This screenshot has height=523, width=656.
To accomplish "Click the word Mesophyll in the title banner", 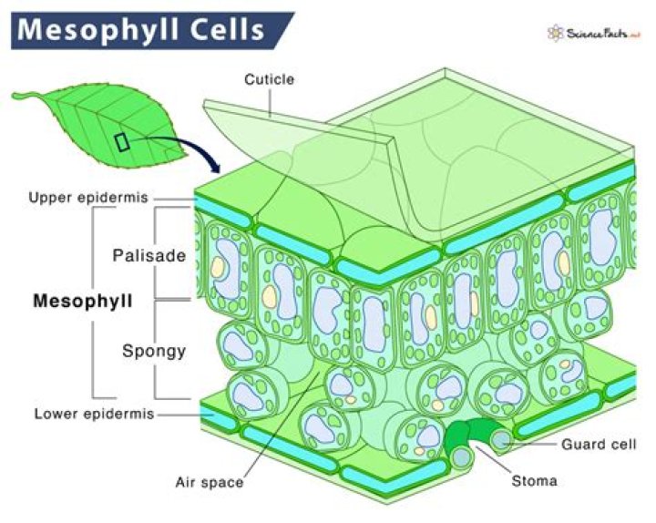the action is (x=98, y=30).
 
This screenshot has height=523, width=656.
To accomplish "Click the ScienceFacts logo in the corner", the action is (x=594, y=34).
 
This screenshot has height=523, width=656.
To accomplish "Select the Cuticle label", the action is (x=269, y=79).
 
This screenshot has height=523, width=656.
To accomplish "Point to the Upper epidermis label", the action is (x=88, y=198).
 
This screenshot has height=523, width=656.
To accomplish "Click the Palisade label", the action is (x=149, y=256).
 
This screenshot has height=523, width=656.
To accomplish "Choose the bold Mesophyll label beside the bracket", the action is (x=83, y=301).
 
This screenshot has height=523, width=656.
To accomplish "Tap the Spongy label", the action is (x=154, y=352).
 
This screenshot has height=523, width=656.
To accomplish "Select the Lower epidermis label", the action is (x=95, y=415).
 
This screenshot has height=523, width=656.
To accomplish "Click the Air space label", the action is (x=210, y=482).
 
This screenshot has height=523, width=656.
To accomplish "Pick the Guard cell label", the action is (x=599, y=445).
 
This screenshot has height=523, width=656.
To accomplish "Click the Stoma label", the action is (x=534, y=481).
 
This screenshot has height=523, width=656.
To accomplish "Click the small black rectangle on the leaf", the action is (x=122, y=142).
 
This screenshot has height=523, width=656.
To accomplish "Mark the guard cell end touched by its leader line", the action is (x=501, y=441).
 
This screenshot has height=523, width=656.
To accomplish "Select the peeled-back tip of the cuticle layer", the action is (x=206, y=104).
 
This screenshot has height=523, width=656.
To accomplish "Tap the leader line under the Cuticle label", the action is (x=271, y=103).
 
